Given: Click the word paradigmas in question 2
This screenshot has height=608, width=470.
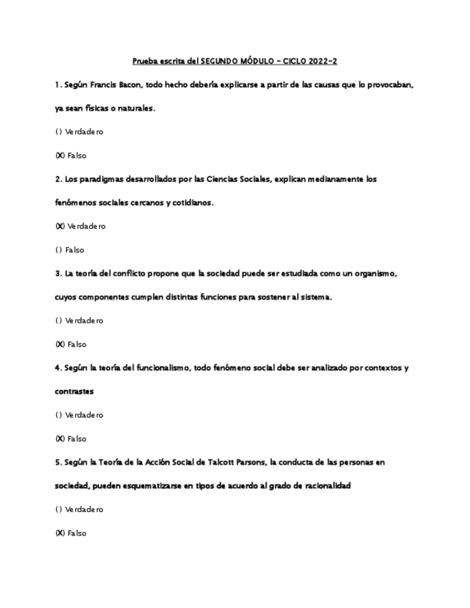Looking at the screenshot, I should pos(98,179).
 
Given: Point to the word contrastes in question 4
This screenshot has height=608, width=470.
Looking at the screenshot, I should pos(75,391).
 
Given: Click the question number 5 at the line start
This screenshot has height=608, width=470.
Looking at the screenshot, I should pos(57,462).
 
